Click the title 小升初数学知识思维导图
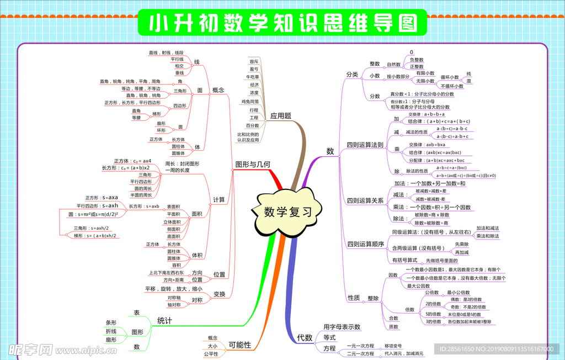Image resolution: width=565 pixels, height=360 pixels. pos(282,23)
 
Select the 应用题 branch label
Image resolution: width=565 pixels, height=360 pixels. pos(280,116)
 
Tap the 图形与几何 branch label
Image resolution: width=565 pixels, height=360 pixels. pos(253,164)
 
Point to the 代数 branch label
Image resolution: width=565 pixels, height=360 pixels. pos(305,337)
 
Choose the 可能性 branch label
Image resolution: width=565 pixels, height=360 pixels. pos(239,345)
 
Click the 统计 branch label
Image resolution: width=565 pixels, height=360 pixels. pos(164,320)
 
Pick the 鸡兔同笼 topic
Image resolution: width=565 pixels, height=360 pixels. pos(250,102)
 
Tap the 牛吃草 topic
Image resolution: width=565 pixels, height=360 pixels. pos(253,77)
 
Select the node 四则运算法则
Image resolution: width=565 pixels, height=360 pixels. pos(365,145)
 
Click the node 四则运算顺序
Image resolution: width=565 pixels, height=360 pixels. pos(365,244)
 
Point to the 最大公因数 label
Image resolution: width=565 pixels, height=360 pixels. pos(418,286)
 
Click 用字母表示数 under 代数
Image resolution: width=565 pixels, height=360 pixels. pos(342,327)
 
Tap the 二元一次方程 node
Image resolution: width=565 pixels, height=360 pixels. pos(360,353)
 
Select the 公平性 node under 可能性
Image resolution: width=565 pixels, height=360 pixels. pos(211,354)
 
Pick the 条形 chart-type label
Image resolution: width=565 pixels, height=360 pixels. pos(111,322)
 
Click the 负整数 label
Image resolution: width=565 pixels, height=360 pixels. pos(417,60)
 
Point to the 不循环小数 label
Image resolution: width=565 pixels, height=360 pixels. pos(452,86)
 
